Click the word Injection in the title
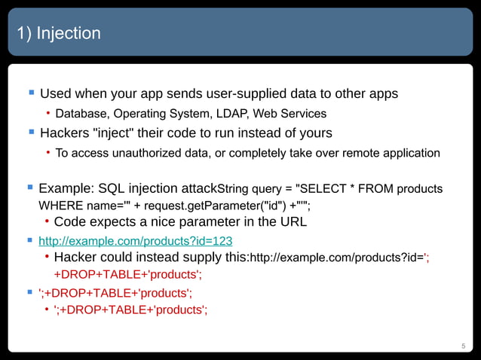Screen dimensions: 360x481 click(x=69, y=34)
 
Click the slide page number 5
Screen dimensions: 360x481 click(x=464, y=346)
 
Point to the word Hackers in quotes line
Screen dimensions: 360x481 click(x=67, y=133)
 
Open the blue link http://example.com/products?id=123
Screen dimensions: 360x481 click(x=135, y=240)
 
